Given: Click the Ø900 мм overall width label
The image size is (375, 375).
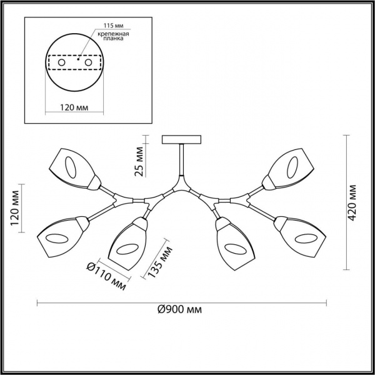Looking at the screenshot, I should tap(181, 310).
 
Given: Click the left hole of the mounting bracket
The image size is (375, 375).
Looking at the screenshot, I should tap(61, 63).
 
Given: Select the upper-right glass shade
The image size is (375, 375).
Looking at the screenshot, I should tap(288, 166).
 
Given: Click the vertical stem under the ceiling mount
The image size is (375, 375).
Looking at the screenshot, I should tap(181, 162).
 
